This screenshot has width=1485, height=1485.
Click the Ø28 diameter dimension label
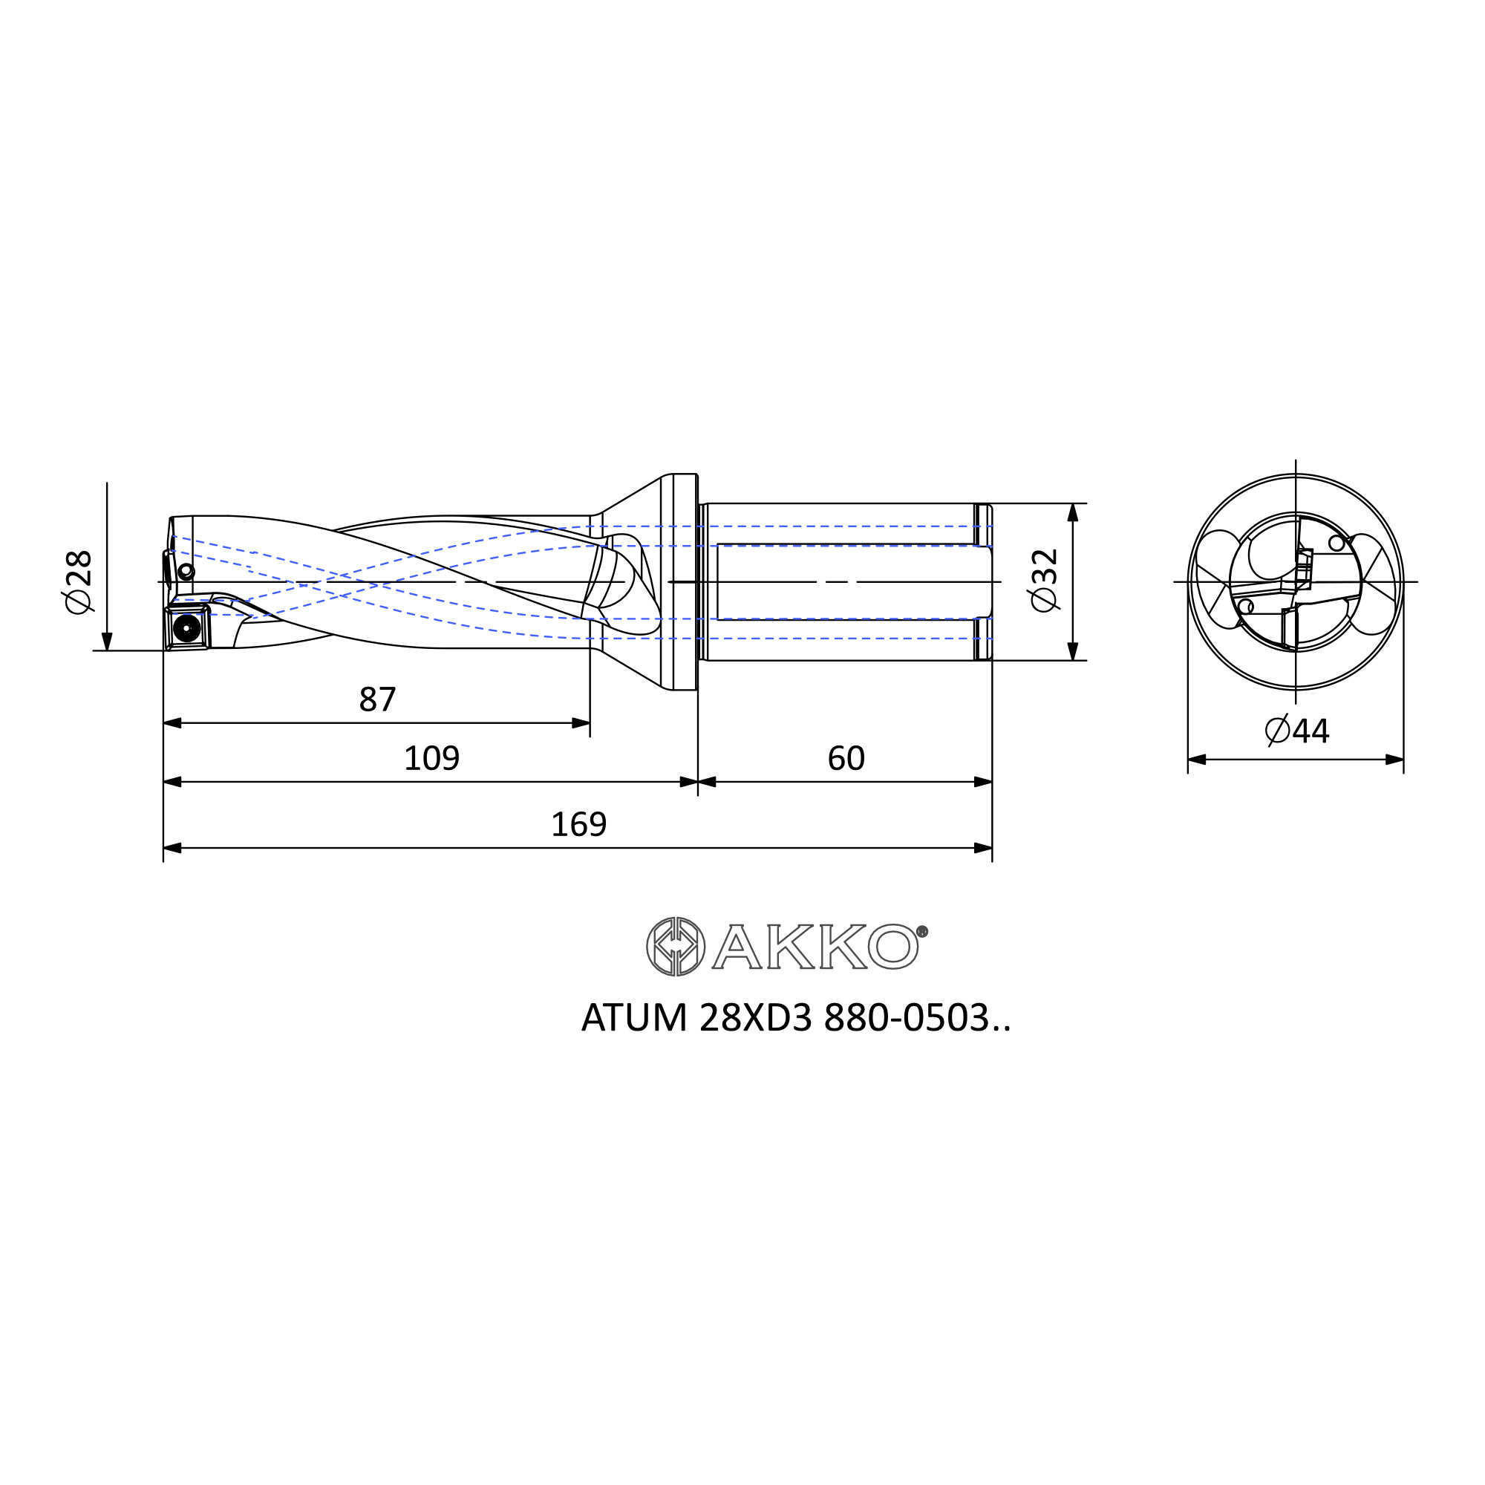79,582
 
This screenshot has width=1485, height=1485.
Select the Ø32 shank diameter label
1045,581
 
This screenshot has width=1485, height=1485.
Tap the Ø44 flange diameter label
1297,731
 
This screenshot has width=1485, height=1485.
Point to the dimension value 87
377,699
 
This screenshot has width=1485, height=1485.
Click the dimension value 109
431,759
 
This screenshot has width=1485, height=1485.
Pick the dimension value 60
846,759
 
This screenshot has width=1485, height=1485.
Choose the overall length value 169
579,825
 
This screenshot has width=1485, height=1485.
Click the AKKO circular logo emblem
676,946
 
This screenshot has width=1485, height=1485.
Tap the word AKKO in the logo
815,946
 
